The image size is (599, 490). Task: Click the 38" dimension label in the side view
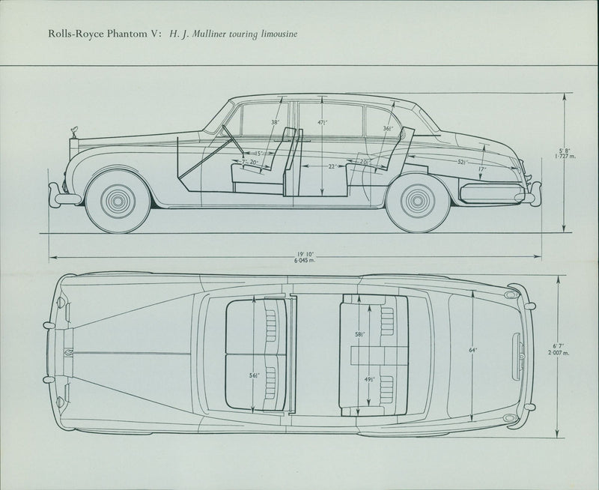(275, 122)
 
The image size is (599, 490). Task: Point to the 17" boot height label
(482, 169)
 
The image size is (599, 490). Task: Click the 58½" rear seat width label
(361, 334)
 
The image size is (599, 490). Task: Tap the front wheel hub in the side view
(118, 200)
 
